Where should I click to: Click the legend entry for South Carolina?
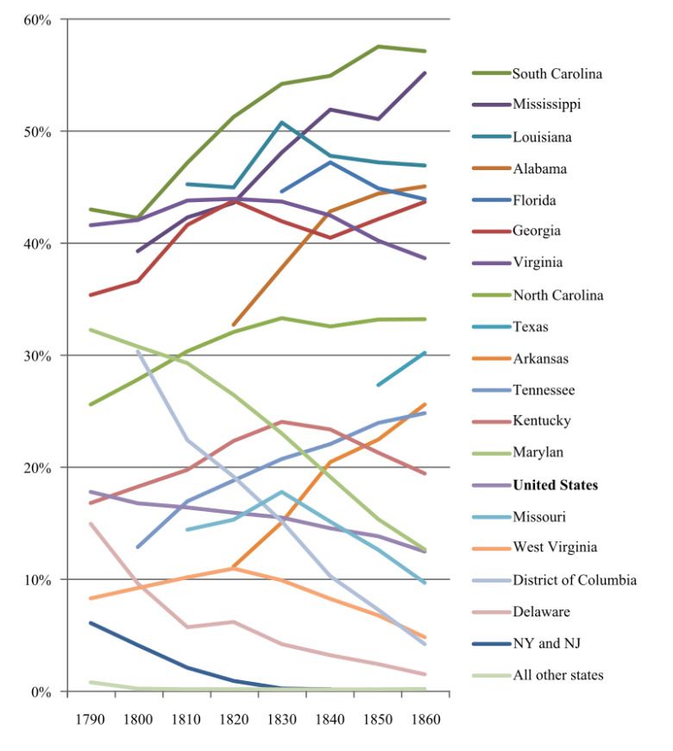point(556,73)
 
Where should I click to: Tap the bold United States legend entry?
point(554,484)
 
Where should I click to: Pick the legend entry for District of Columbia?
point(574,579)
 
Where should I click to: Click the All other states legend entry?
point(557,674)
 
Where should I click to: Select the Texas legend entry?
point(530,326)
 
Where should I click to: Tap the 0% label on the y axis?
point(43,692)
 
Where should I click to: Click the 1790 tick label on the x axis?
point(90,719)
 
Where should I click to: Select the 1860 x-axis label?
point(425,719)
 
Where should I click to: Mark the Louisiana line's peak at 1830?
point(282,123)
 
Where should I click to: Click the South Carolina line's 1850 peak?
point(378,47)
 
